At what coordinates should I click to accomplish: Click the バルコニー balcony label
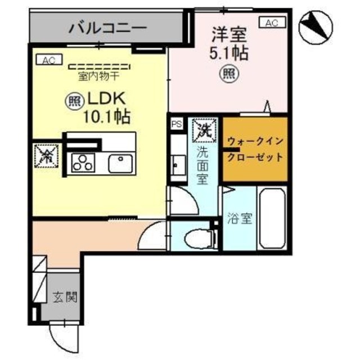[x=107, y=26]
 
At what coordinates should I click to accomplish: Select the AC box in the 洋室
[x=271, y=22]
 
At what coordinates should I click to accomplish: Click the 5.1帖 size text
[x=229, y=54]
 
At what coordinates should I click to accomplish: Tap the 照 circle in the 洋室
[x=227, y=73]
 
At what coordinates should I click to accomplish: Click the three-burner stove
[x=83, y=163]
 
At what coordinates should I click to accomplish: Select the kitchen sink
[x=120, y=163]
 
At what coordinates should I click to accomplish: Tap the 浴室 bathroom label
[x=239, y=219]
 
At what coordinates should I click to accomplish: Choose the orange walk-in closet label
[x=255, y=148]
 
